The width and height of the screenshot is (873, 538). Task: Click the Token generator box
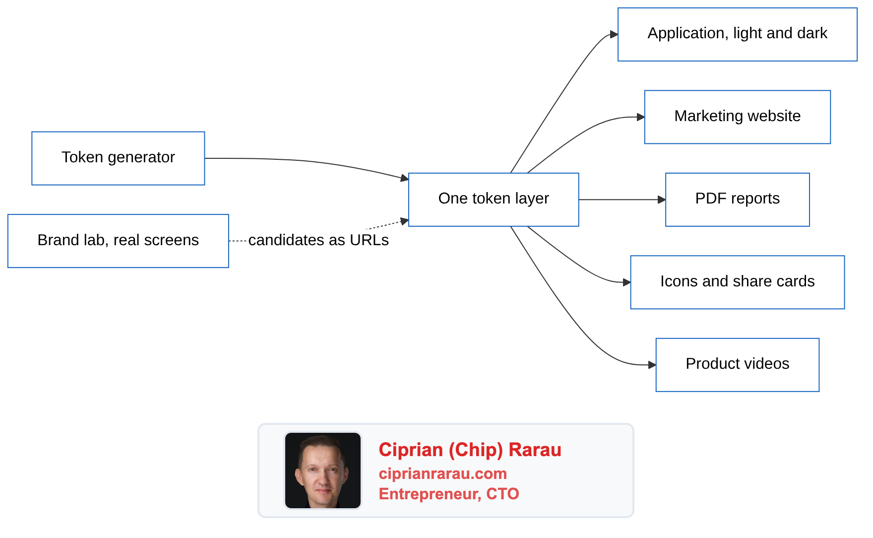(x=118, y=158)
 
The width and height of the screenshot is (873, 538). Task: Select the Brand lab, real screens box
(x=118, y=241)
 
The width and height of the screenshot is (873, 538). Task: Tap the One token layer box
(x=494, y=200)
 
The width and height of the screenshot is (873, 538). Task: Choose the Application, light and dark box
(x=737, y=34)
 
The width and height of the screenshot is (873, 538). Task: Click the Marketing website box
(x=737, y=117)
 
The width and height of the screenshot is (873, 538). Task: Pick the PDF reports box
(x=737, y=200)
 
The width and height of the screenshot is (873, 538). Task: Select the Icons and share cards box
(x=737, y=282)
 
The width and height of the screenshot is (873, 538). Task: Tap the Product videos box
(x=737, y=365)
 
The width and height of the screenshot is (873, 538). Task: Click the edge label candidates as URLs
(x=318, y=240)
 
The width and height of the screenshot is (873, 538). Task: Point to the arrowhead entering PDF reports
(x=662, y=200)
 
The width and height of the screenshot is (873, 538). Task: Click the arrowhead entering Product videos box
(x=652, y=365)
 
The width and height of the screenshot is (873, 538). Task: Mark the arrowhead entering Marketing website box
(x=641, y=117)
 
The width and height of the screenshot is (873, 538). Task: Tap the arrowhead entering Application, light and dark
(x=614, y=34)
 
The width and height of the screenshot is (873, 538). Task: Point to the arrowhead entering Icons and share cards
(x=627, y=282)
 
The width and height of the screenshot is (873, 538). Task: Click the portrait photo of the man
(x=323, y=471)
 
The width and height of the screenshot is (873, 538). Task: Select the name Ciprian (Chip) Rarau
(x=470, y=450)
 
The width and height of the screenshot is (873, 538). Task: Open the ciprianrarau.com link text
(x=442, y=473)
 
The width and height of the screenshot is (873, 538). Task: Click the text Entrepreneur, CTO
(x=448, y=494)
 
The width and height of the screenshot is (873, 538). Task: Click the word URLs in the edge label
(x=370, y=240)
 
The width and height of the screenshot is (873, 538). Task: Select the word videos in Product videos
(x=767, y=364)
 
